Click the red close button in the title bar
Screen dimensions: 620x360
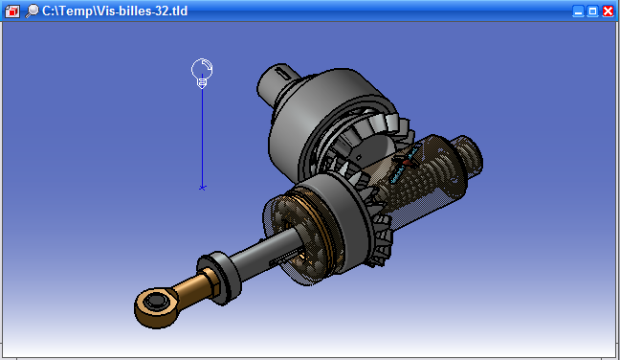[608, 11]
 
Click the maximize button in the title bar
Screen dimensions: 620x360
[592, 11]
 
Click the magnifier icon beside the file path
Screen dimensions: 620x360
[32, 11]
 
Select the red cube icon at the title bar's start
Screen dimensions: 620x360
[12, 11]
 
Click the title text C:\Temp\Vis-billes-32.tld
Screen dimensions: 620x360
[115, 11]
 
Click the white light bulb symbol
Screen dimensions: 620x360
[202, 73]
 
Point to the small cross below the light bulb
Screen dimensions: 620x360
[202, 188]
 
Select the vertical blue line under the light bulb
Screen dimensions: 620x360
[202, 137]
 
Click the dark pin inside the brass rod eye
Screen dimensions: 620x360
[154, 302]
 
